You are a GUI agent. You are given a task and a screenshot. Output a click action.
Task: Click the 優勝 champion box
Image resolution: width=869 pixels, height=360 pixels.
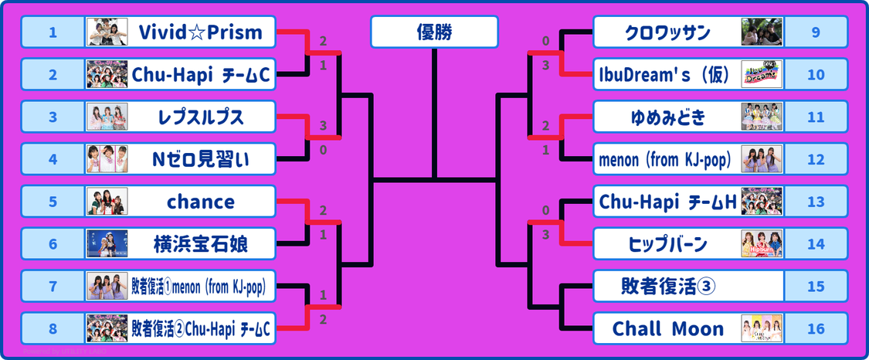(x=434, y=32)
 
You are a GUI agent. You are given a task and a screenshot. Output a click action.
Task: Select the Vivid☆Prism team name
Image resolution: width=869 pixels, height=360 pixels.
(x=201, y=32)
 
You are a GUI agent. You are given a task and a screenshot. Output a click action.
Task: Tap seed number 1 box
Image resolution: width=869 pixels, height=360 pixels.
(x=53, y=32)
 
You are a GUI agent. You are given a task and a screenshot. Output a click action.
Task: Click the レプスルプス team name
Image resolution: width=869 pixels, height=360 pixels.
(x=201, y=117)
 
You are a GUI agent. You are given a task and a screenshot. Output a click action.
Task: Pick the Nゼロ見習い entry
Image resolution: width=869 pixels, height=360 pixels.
(x=201, y=160)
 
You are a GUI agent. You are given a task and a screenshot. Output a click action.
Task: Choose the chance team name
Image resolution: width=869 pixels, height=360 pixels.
(x=201, y=202)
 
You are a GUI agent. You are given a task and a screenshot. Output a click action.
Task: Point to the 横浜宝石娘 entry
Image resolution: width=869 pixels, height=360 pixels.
(x=201, y=244)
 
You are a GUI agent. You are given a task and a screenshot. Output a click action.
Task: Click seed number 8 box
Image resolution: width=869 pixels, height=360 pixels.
(x=53, y=328)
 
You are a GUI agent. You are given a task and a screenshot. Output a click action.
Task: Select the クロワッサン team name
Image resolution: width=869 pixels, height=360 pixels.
(x=667, y=32)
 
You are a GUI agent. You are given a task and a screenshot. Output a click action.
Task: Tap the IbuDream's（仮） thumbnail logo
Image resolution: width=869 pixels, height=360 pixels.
(x=762, y=75)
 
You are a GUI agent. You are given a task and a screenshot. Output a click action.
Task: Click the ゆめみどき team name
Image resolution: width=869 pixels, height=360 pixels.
(x=667, y=117)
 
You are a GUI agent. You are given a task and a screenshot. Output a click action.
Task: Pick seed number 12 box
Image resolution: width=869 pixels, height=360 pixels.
(x=816, y=160)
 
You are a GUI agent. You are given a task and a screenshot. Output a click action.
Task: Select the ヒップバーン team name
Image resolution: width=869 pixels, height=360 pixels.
(x=667, y=244)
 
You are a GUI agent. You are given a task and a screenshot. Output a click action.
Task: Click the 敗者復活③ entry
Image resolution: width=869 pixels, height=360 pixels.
(x=667, y=286)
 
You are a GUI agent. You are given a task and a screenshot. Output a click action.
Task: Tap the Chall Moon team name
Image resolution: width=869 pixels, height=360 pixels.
(x=668, y=328)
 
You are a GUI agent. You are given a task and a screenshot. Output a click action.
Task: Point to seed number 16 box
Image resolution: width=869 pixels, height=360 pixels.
(x=816, y=328)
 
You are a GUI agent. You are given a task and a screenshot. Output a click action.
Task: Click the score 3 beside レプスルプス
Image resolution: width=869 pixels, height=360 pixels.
(x=323, y=125)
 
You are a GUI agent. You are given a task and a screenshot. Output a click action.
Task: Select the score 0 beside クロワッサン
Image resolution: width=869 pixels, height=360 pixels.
(x=545, y=41)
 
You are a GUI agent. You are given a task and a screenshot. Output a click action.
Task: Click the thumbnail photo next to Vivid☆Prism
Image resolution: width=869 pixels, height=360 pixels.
(x=107, y=32)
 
